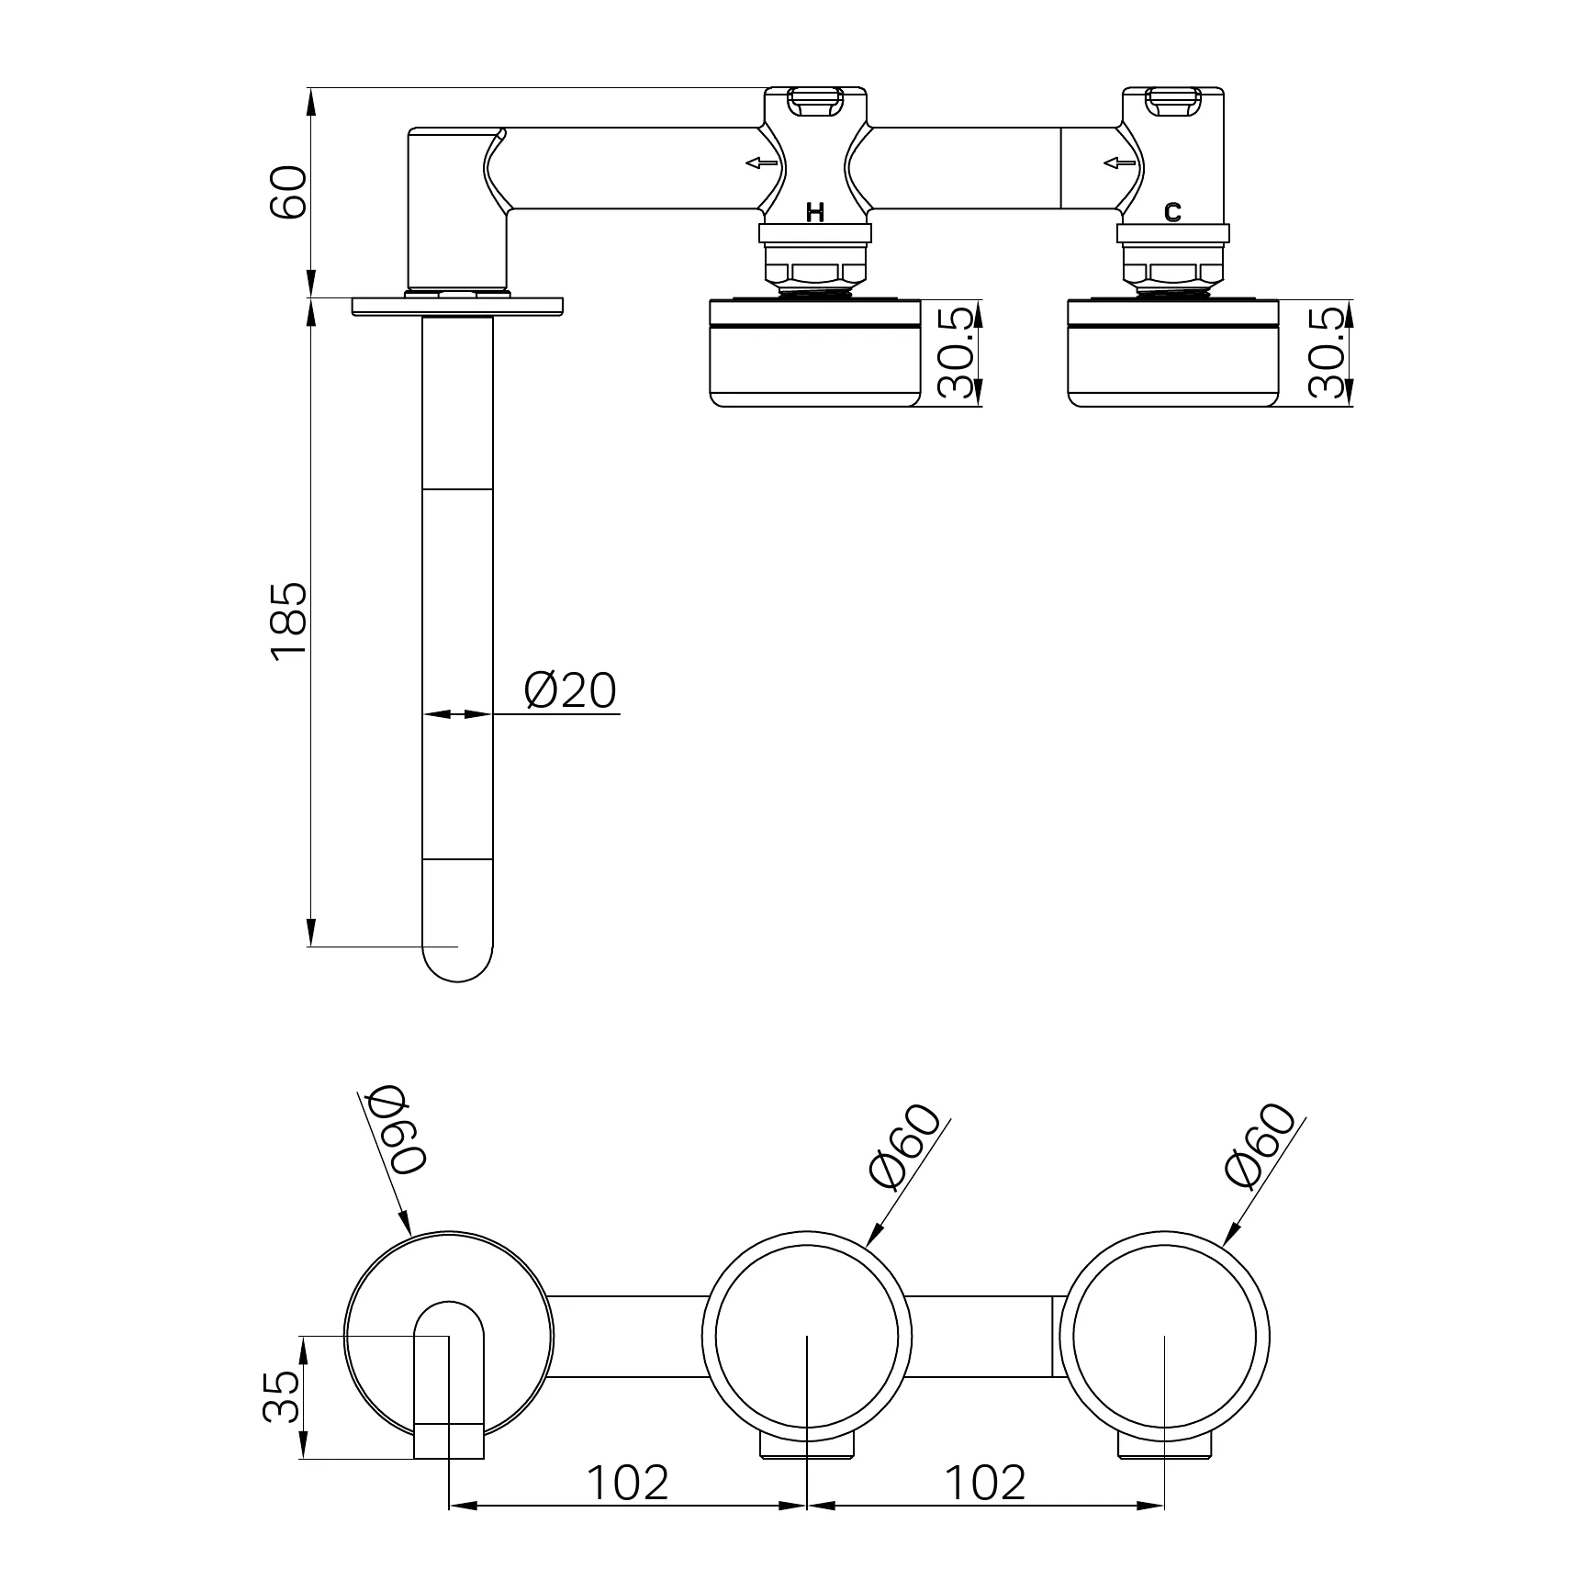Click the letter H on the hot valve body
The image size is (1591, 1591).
(x=815, y=213)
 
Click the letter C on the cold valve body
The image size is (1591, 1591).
(x=1172, y=213)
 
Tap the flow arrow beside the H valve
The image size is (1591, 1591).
(x=761, y=163)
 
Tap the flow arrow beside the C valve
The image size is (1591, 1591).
(x=1119, y=163)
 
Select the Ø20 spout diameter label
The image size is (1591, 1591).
(x=570, y=690)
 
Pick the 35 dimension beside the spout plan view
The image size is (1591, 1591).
(x=281, y=1396)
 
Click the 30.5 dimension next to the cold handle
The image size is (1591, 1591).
(x=1328, y=353)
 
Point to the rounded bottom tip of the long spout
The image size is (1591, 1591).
(x=457, y=982)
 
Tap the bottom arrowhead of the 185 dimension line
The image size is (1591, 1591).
(x=311, y=945)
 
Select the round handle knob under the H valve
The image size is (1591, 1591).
(x=815, y=353)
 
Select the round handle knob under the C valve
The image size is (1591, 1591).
(x=1173, y=353)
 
